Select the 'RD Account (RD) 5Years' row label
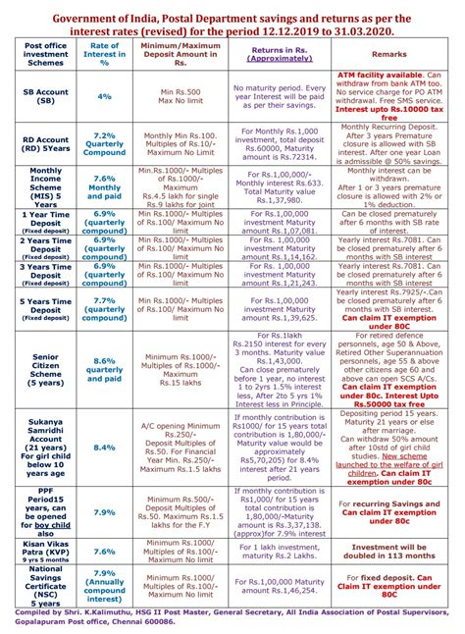click(44, 145)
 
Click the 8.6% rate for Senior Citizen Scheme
click(104, 369)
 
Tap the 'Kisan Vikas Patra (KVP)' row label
click(44, 552)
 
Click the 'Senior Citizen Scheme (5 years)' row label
click(44, 369)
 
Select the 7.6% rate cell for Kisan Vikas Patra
click(104, 553)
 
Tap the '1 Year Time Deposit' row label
click(44, 220)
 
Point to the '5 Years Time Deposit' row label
click(44, 307)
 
